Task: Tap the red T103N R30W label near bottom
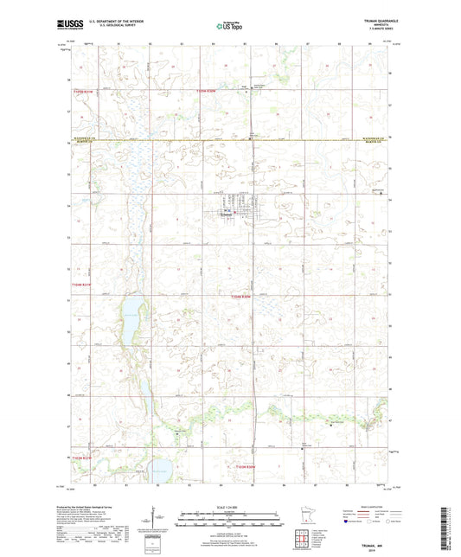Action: tap(248, 468)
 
